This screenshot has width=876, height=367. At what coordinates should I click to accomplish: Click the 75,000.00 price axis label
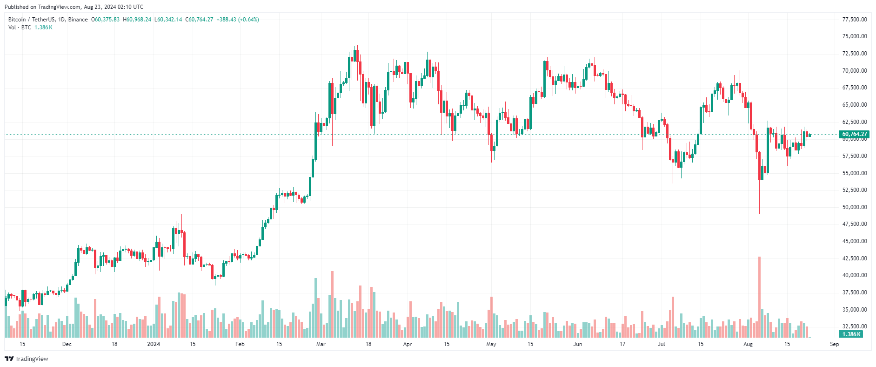tap(854, 36)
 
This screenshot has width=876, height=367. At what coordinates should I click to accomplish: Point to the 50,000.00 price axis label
tap(854, 207)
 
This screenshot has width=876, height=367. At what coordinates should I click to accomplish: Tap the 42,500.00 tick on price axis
tap(854, 258)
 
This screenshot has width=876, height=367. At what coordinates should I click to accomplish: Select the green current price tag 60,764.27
tap(854, 134)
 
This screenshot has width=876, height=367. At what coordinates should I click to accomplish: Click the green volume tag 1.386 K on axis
tap(851, 334)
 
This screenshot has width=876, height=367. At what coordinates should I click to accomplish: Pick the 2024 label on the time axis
tap(154, 344)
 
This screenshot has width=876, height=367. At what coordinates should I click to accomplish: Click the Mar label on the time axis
tap(321, 344)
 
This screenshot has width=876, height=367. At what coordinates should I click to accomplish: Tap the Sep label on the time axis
tap(834, 344)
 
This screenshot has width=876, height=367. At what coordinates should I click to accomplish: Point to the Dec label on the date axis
tap(67, 344)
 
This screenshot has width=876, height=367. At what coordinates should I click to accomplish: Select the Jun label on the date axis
tap(577, 344)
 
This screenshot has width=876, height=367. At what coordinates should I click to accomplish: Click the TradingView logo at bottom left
tap(27, 359)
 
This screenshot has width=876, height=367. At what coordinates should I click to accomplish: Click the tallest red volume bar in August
tap(759, 297)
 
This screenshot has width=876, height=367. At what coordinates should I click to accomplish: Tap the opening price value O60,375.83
tap(105, 20)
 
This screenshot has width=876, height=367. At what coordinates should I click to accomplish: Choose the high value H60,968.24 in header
tap(137, 20)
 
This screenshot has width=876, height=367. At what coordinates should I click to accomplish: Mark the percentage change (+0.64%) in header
tap(248, 20)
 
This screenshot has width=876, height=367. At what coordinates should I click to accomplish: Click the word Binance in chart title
tap(78, 20)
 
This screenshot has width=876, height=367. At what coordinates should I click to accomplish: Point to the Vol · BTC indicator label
tap(20, 27)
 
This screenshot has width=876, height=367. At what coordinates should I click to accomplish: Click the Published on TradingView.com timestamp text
tap(74, 7)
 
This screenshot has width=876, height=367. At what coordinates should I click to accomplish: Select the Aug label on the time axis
tap(748, 344)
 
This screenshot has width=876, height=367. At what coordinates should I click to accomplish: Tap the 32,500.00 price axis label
tap(854, 326)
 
